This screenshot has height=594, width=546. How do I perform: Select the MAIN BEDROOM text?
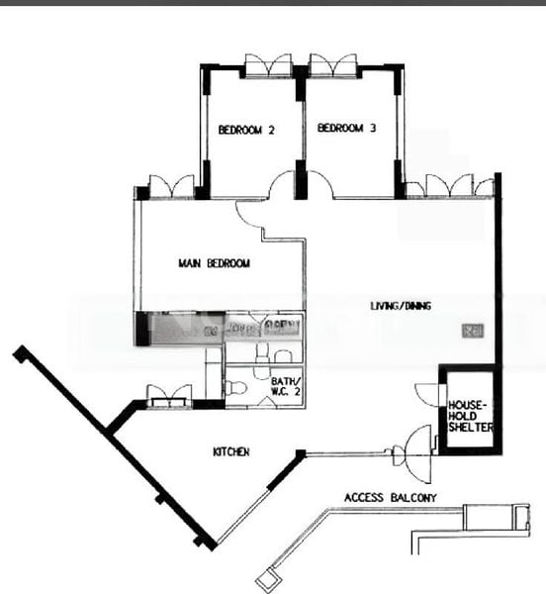click(x=214, y=263)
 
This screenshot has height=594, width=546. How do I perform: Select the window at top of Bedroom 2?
click(x=267, y=67)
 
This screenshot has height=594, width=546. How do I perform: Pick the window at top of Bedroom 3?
click(x=332, y=67)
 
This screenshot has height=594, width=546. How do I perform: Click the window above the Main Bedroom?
click(x=171, y=186)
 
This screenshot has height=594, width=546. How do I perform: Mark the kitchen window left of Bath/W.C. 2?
click(x=168, y=395)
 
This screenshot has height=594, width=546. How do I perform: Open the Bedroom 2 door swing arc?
click(x=282, y=184)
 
